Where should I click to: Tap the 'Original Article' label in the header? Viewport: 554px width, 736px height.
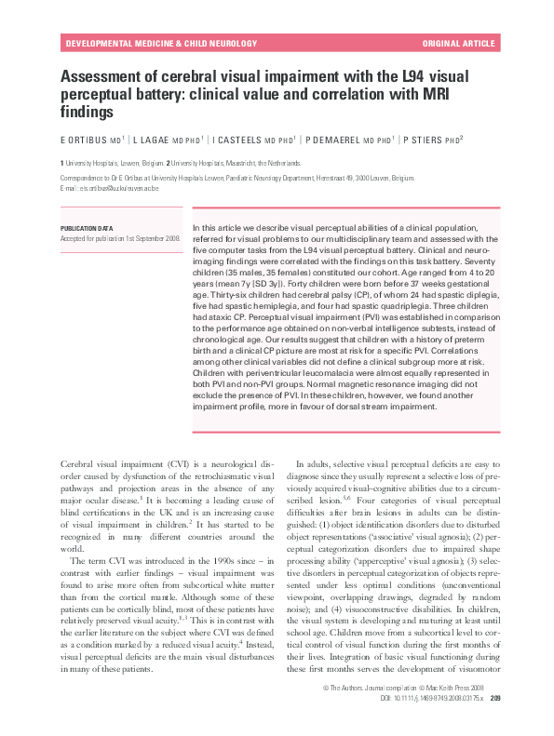460,44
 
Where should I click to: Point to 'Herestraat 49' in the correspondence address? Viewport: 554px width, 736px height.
356,176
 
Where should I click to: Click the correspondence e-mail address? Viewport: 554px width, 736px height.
106,187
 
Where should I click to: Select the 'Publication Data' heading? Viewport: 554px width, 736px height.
87,227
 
